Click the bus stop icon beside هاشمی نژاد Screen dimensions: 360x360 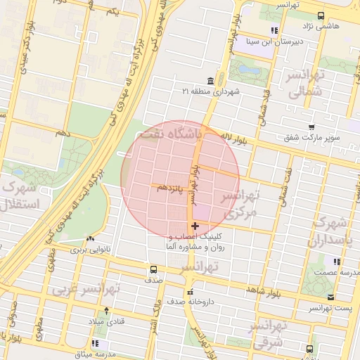(x=321, y=15)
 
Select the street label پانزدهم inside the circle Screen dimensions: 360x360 (x=171, y=188)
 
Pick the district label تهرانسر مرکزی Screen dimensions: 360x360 (x=238, y=202)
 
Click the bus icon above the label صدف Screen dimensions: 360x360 (x=153, y=269)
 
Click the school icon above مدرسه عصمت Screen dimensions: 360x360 (x=338, y=262)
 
